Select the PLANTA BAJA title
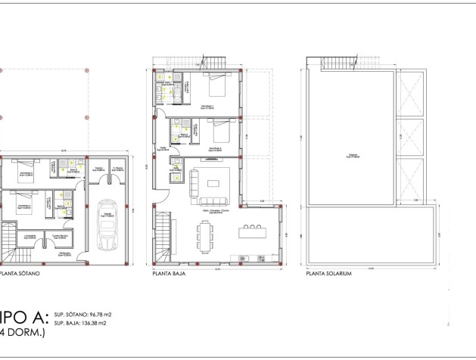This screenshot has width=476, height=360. (169, 275)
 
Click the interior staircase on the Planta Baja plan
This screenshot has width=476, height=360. (164, 235)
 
